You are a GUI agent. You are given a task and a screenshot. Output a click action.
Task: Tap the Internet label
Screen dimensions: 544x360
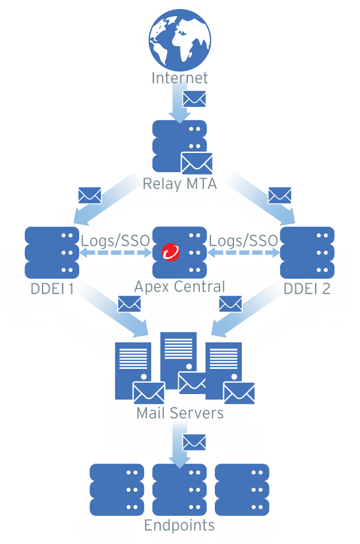click(x=179, y=78)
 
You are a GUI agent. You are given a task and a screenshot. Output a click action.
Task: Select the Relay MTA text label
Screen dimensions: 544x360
click(x=179, y=184)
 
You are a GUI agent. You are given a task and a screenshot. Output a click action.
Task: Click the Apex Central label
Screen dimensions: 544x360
click(x=179, y=287)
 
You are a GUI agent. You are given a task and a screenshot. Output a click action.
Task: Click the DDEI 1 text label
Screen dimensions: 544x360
click(x=52, y=288)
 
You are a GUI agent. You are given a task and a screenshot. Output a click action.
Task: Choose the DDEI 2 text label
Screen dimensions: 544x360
click(x=307, y=288)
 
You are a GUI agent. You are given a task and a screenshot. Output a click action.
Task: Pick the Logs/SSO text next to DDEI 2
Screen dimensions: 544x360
click(x=244, y=240)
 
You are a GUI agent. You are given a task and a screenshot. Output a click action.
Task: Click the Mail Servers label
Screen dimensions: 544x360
click(x=179, y=413)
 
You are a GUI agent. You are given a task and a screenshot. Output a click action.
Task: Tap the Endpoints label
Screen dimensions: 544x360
click(x=179, y=526)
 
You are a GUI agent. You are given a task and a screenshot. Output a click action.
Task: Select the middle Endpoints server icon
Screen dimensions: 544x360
click(x=179, y=489)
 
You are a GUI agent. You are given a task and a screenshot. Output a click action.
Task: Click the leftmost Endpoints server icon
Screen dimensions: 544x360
click(x=117, y=489)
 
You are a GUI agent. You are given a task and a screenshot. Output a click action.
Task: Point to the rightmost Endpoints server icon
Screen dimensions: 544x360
click(x=242, y=489)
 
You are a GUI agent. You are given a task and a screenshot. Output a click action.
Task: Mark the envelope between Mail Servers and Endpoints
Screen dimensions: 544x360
click(x=194, y=442)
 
